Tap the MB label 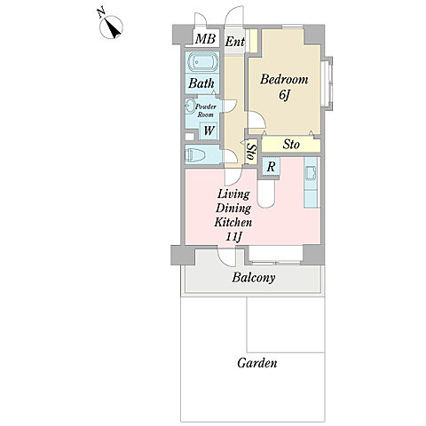click(x=206, y=39)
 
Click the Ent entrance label click(x=235, y=42)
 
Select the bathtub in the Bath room click(x=202, y=63)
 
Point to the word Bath click(x=201, y=83)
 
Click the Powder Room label click(x=206, y=110)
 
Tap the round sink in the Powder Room click(x=188, y=106)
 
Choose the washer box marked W click(x=209, y=130)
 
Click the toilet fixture click(x=193, y=154)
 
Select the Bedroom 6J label click(x=284, y=87)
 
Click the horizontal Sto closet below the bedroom click(x=291, y=145)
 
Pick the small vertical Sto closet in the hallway click(x=252, y=152)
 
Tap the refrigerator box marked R click(x=271, y=167)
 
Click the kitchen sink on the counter click(x=311, y=173)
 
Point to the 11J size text click(x=233, y=236)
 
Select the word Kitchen click(x=233, y=222)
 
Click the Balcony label click(x=254, y=278)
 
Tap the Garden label click(x=257, y=363)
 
